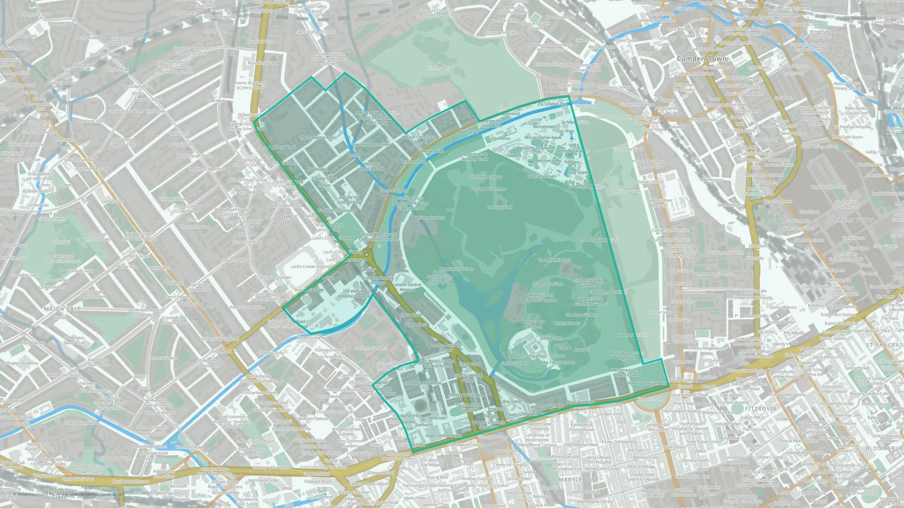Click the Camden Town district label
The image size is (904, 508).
702,59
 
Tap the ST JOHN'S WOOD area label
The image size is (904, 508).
282,220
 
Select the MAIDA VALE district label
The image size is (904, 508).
62,309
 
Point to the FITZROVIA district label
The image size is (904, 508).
760,409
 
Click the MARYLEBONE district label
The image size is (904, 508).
579,479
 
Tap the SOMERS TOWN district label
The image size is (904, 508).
851,220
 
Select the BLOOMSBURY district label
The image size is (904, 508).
884,448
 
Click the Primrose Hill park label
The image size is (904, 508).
438,68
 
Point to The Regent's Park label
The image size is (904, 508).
554,260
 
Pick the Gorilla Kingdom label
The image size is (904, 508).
537,148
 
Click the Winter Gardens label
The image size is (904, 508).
430,218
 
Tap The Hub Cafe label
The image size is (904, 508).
499,207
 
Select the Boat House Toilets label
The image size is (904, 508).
457,269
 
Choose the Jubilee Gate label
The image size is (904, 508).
551,338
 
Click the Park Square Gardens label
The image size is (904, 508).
647,383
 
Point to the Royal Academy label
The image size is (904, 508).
580,401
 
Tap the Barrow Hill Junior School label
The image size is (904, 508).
349,200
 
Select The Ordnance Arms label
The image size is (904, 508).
317,137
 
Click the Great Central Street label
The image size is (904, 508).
443,436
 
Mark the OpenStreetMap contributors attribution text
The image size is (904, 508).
95,494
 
